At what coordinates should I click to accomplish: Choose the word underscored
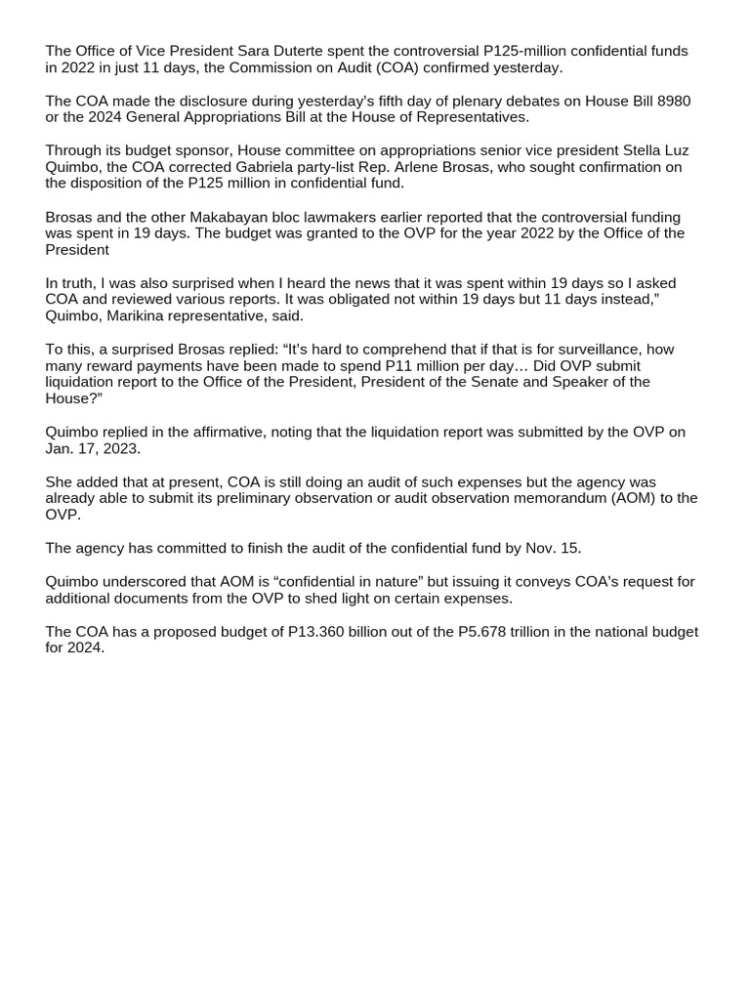tap(146, 582)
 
